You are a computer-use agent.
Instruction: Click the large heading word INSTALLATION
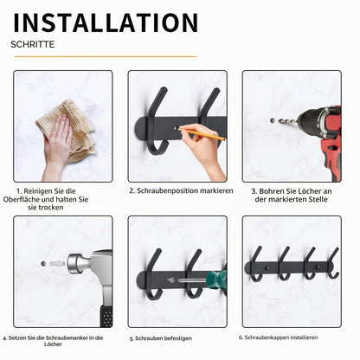click(106, 22)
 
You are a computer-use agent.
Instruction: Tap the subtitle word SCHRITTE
click(33, 44)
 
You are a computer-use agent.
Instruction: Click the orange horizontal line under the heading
click(106, 56)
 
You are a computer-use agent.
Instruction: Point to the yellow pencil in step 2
click(202, 134)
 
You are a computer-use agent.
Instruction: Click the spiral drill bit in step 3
click(288, 121)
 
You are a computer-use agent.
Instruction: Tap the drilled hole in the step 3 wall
click(273, 120)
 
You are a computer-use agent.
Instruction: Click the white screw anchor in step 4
click(57, 263)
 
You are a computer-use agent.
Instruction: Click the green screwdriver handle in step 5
click(219, 279)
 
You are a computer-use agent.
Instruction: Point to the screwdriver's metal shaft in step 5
click(192, 280)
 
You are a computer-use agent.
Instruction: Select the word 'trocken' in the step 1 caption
click(51, 208)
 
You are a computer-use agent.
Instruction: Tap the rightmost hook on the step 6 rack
click(334, 264)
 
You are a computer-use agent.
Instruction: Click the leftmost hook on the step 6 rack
click(256, 264)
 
